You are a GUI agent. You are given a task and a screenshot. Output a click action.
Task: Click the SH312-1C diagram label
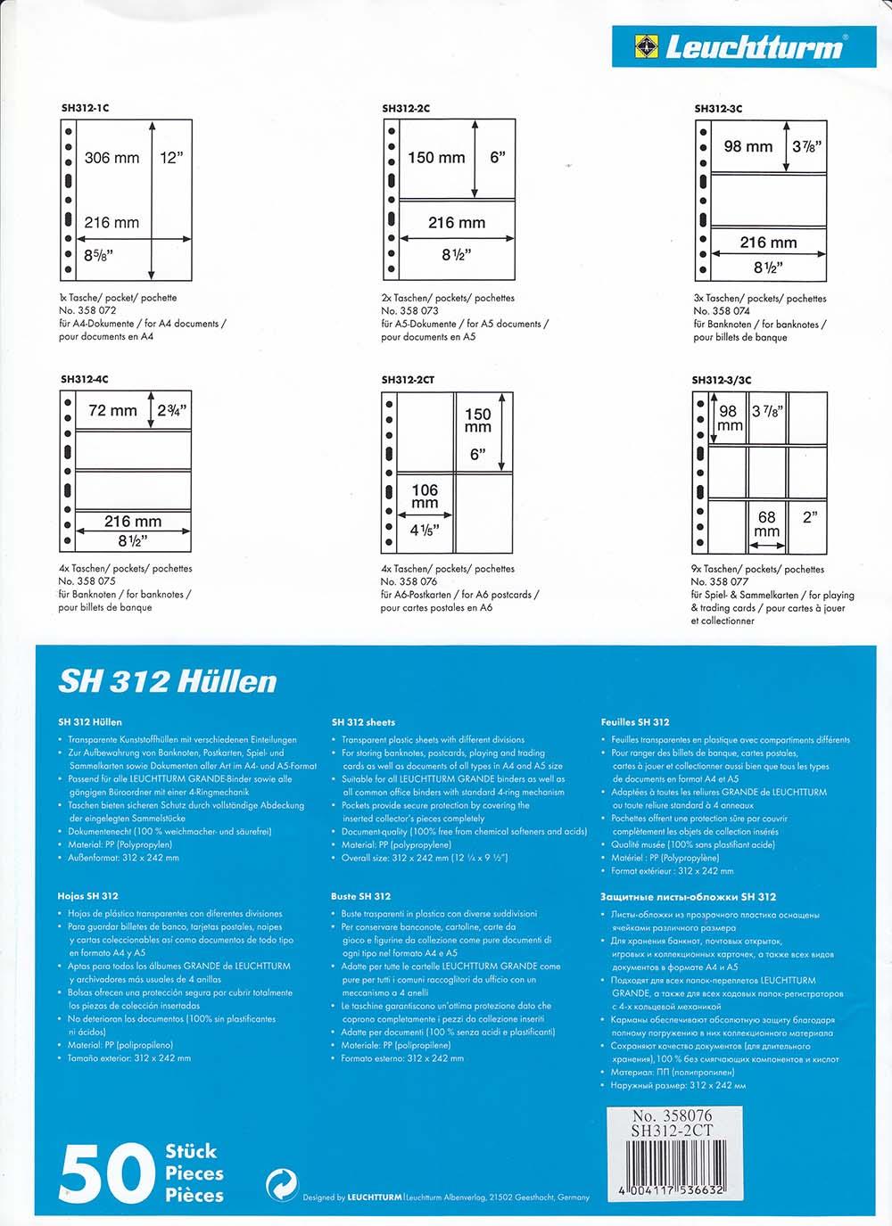coord(85,108)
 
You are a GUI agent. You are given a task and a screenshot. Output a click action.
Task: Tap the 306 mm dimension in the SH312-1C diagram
coord(111,158)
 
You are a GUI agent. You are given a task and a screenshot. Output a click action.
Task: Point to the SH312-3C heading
coord(718,109)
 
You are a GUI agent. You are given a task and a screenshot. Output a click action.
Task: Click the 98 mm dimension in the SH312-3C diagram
coord(747,146)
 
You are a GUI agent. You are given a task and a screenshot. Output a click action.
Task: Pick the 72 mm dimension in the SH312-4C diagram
coord(112,410)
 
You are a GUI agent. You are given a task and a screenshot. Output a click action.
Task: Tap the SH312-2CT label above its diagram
coord(408,380)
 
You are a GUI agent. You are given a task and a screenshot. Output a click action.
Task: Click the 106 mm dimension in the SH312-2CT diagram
coord(425,496)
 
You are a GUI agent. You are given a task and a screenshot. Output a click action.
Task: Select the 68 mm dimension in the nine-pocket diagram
coord(766,523)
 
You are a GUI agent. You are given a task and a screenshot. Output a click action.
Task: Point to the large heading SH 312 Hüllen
coord(168,682)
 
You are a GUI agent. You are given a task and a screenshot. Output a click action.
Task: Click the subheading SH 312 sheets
coord(363,722)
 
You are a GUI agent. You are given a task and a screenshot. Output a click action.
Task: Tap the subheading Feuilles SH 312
coord(635,722)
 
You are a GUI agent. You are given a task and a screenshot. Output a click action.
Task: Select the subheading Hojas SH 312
coord(88,896)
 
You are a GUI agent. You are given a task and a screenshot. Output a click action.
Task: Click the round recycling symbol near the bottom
coord(282,1186)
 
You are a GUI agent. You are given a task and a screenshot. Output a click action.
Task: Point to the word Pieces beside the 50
coord(194,1173)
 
